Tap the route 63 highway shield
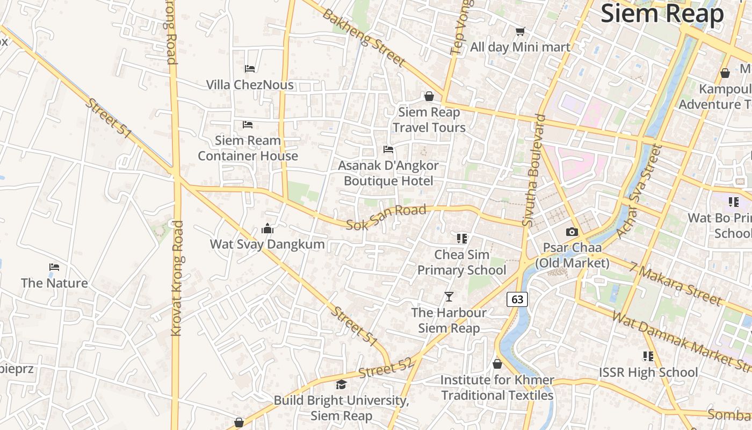(x=517, y=299)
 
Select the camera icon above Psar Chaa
(x=572, y=232)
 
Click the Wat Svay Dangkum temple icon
(x=267, y=229)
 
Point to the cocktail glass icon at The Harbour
(x=449, y=297)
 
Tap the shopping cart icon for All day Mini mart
(x=520, y=31)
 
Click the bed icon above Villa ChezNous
(x=250, y=69)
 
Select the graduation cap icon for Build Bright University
(x=341, y=384)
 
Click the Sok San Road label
(x=386, y=217)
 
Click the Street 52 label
(x=385, y=368)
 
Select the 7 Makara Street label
(x=676, y=283)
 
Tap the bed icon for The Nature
(x=54, y=267)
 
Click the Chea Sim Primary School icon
(x=462, y=238)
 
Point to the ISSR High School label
(x=648, y=372)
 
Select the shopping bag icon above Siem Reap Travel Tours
(x=429, y=96)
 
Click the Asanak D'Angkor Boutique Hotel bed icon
(x=388, y=149)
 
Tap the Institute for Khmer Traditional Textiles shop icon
(x=497, y=364)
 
